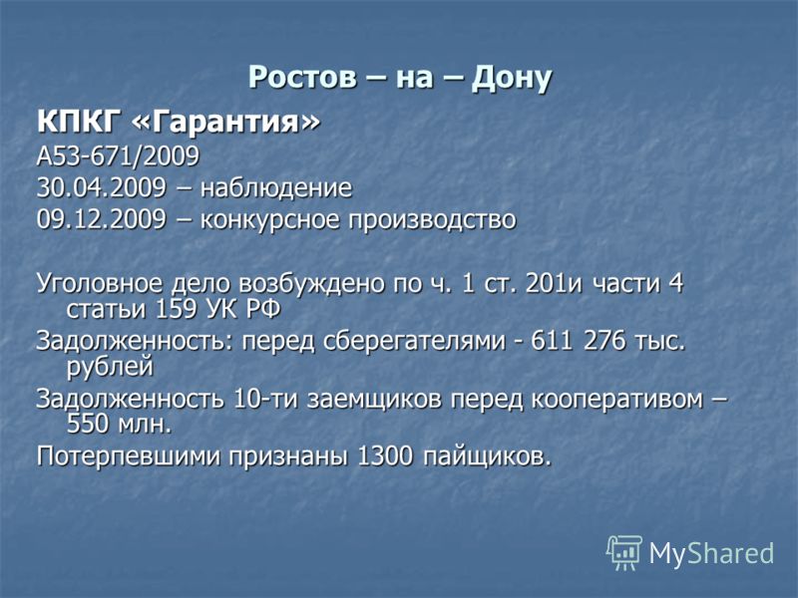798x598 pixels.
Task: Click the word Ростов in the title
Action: pos(302,79)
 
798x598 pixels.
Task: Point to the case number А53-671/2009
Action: pos(118,156)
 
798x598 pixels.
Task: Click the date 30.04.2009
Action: pos(102,187)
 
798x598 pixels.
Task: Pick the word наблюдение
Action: pos(276,188)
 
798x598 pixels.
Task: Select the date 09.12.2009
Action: pos(102,219)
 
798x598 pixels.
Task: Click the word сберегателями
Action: pos(415,341)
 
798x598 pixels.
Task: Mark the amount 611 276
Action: pos(579,340)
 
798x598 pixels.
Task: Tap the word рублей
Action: pos(110,367)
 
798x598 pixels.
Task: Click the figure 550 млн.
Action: pos(119,424)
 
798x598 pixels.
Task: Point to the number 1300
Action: pos(385,455)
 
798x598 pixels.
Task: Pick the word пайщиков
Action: pos(488,456)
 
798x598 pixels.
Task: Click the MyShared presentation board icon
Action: pos(624,552)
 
